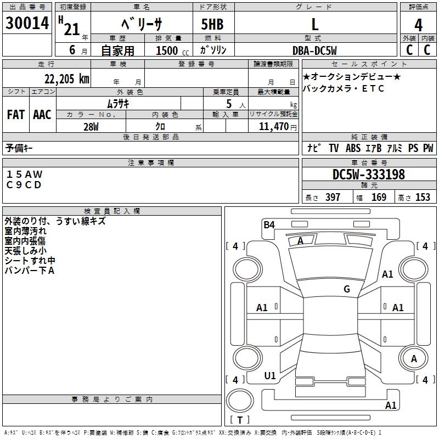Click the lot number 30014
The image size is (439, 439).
(27, 24)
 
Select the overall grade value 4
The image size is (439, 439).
(419, 25)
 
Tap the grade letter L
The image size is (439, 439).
(314, 25)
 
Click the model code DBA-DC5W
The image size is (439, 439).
(314, 50)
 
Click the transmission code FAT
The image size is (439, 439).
(15, 115)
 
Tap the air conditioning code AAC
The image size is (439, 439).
(42, 115)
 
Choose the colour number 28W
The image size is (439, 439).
(91, 127)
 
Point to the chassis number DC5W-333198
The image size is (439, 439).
(369, 175)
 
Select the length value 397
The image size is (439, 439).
(333, 198)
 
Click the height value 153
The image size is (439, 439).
(423, 198)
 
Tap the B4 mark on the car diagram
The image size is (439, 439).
(269, 224)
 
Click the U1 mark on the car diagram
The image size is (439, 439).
(270, 376)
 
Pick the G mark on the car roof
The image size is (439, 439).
(346, 289)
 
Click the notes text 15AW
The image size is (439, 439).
(24, 175)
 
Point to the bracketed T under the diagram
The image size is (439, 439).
(239, 420)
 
